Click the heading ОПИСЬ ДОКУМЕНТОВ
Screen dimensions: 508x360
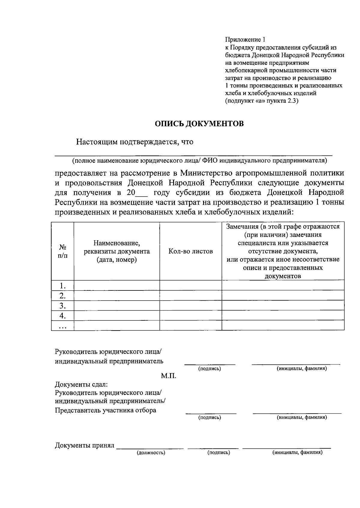tap(199, 124)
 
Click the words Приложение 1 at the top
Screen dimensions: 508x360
tap(245, 40)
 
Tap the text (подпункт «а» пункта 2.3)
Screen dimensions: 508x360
tap(262, 101)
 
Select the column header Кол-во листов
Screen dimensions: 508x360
tap(190, 251)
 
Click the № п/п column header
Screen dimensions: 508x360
tap(62, 251)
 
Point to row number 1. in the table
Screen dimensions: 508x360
tap(62, 285)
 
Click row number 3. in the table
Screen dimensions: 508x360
tap(62, 306)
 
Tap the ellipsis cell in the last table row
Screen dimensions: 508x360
tap(62, 326)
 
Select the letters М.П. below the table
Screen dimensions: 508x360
tap(169, 376)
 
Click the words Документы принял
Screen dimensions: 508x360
tap(85, 446)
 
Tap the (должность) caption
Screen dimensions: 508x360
tap(151, 453)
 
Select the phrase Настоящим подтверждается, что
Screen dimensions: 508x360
tap(134, 142)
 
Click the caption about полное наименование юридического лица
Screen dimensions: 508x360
tap(199, 161)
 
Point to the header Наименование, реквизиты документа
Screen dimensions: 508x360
tap(117, 251)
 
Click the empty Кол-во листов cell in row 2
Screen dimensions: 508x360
tap(190, 296)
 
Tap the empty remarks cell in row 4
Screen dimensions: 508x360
tap(283, 315)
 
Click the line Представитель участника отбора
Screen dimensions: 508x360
tap(105, 410)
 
